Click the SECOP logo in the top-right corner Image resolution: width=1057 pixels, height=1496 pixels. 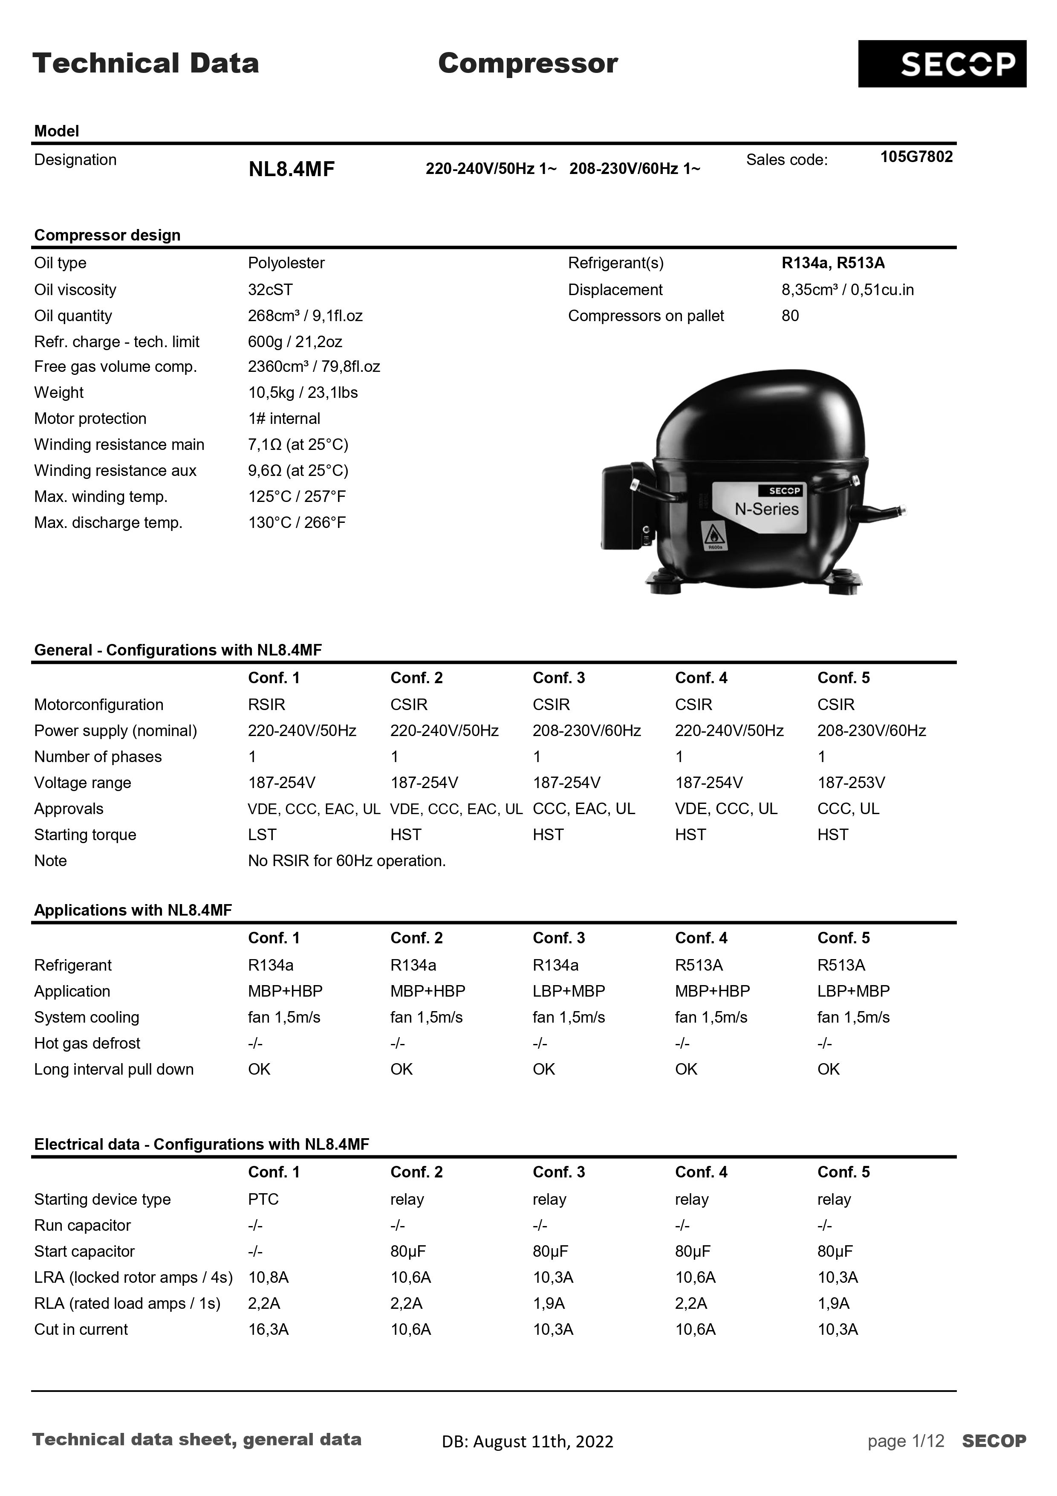[x=942, y=64]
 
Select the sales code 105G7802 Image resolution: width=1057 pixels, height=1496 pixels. [x=915, y=157]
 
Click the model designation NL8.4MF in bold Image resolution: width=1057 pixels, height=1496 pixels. [x=291, y=169]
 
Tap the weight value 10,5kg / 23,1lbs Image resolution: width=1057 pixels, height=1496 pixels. [x=303, y=393]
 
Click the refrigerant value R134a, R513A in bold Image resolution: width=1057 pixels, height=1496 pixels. [x=833, y=263]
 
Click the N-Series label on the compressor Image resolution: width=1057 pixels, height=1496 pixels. [x=766, y=510]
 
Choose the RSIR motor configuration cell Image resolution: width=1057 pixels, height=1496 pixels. [x=266, y=705]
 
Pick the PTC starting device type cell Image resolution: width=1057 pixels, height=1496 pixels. [x=263, y=1200]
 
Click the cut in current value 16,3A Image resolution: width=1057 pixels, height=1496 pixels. [x=269, y=1330]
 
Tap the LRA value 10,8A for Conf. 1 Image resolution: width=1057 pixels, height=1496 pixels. [x=269, y=1278]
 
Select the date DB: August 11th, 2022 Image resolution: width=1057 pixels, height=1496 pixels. [x=528, y=1442]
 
